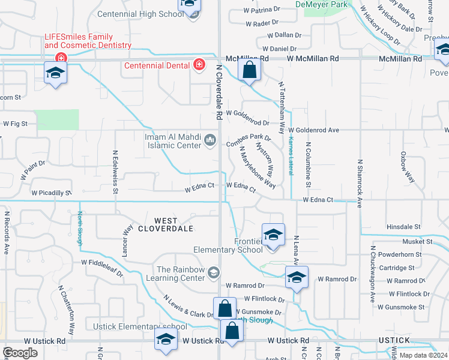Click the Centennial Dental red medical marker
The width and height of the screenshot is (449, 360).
pos(199,65)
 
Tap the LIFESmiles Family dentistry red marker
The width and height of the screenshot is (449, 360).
pos(61,58)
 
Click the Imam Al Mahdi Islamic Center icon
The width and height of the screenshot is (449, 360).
pos(210,140)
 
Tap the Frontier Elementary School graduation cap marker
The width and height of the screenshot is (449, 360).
pos(273,234)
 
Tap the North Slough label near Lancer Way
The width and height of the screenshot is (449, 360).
pos(79,229)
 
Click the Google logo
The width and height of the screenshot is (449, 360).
pos(20,352)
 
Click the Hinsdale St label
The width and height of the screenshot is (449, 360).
pos(403,227)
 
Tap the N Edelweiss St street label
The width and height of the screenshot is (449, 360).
pos(114,172)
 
